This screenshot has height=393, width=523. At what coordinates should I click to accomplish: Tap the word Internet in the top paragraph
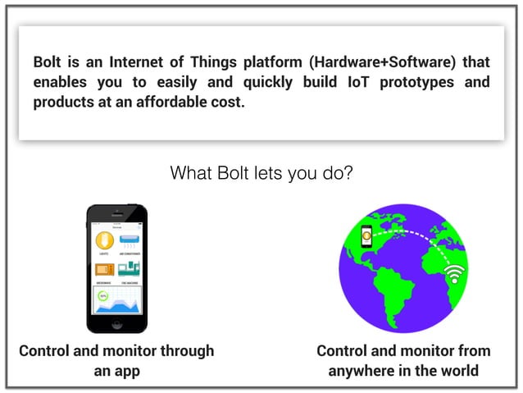(134, 62)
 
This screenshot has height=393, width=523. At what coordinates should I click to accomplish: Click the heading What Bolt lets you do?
(261, 173)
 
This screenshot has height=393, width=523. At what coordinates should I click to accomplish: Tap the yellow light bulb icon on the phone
(104, 240)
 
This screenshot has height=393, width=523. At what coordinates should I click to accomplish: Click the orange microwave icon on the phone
(104, 269)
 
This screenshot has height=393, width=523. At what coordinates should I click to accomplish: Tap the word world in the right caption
(458, 371)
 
